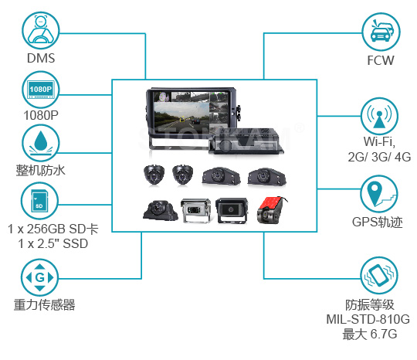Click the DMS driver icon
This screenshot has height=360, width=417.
click(41, 31)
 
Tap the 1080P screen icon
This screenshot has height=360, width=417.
click(41, 90)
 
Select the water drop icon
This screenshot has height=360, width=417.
click(41, 143)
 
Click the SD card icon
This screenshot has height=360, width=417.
click(39, 201)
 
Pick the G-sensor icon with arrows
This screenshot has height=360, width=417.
click(39, 278)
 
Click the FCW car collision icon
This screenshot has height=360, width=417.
click(381, 32)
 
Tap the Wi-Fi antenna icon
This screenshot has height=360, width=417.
click(379, 117)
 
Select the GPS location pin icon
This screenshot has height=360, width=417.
click(379, 194)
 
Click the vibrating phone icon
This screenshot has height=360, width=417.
click(379, 276)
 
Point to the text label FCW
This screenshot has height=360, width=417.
click(381, 61)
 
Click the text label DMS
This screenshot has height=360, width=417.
click(41, 58)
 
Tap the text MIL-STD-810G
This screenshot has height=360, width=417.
click(368, 319)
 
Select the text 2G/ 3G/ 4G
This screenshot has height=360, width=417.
click(379, 157)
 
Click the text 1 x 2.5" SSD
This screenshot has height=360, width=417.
click(53, 243)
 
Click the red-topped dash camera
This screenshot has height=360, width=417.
click(272, 210)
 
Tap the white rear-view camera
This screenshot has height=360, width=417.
click(195, 210)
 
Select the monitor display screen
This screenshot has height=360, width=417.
click(192, 110)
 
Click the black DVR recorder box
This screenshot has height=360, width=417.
click(246, 141)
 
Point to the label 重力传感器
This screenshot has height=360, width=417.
click(45, 305)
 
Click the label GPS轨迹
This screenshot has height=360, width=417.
click(378, 222)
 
